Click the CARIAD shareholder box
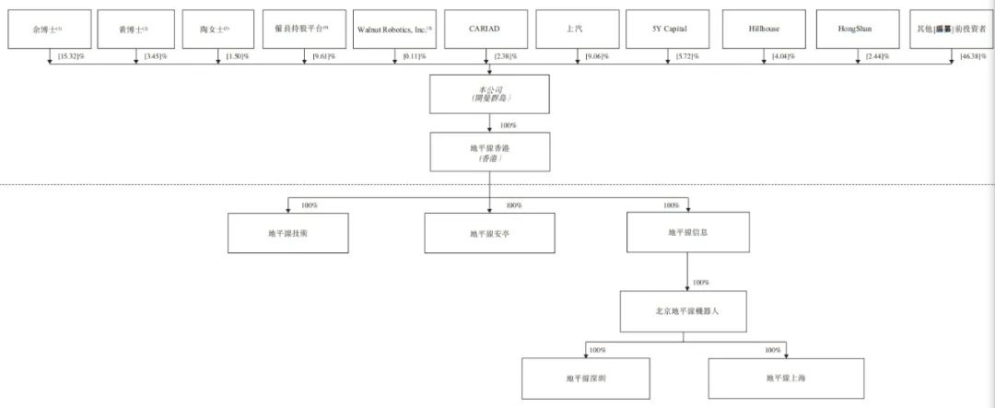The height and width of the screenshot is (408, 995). pyautogui.click(x=485, y=29)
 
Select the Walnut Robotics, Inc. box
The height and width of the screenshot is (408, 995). pyautogui.click(x=393, y=29)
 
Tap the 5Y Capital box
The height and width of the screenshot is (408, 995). pyautogui.click(x=669, y=29)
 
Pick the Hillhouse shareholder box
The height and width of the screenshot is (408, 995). pyautogui.click(x=764, y=29)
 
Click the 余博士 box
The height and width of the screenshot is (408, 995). pyautogui.click(x=46, y=29)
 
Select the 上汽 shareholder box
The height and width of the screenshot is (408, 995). pyautogui.click(x=574, y=29)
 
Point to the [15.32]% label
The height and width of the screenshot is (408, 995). pyautogui.click(x=72, y=57)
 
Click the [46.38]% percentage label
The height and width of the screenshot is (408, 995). pyautogui.click(x=971, y=57)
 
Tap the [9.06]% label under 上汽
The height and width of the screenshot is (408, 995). pyautogui.click(x=598, y=57)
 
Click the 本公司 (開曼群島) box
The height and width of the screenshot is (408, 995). pyautogui.click(x=489, y=93)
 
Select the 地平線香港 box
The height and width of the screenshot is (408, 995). pyautogui.click(x=489, y=151)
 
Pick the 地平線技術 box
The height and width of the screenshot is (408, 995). pyautogui.click(x=288, y=233)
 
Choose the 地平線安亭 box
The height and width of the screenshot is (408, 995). pyautogui.click(x=489, y=233)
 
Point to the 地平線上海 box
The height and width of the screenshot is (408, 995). pyautogui.click(x=785, y=378)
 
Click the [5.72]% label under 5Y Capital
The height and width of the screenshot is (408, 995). pyautogui.click(x=687, y=57)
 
